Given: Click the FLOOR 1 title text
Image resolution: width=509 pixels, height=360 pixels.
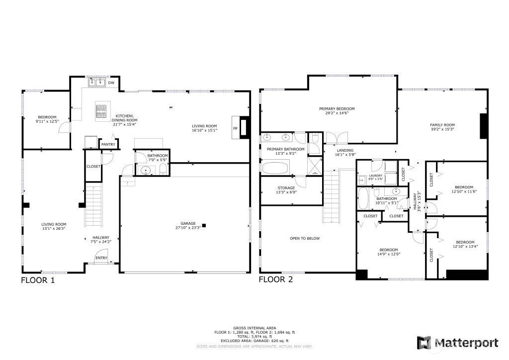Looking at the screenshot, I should [x=37, y=280].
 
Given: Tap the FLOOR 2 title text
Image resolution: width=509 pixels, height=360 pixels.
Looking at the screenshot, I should [x=275, y=279].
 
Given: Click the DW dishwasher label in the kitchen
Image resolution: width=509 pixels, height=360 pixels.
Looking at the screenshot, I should [x=111, y=83].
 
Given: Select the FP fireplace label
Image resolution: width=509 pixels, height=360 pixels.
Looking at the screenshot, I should [x=235, y=128].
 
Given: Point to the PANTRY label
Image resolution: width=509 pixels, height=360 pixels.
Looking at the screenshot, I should [x=108, y=145].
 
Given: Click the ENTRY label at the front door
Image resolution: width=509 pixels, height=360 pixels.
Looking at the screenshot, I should [x=101, y=258].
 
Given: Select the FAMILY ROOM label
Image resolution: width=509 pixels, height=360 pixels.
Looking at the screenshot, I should [x=442, y=125].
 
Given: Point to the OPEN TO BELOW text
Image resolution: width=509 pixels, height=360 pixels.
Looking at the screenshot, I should [x=305, y=238].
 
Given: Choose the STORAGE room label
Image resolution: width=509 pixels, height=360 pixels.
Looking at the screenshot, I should [x=286, y=188].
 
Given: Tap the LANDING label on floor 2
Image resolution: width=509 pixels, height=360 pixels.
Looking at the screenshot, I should [x=344, y=150].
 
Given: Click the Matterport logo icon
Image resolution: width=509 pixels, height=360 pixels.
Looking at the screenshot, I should [x=424, y=343].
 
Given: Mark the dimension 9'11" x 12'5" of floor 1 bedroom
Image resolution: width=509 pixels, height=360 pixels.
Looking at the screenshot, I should [x=47, y=121].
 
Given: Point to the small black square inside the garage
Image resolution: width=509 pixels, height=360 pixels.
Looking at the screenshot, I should [x=204, y=226].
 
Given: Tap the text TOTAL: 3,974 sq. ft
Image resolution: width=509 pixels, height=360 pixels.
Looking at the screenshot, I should [x=254, y=336].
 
